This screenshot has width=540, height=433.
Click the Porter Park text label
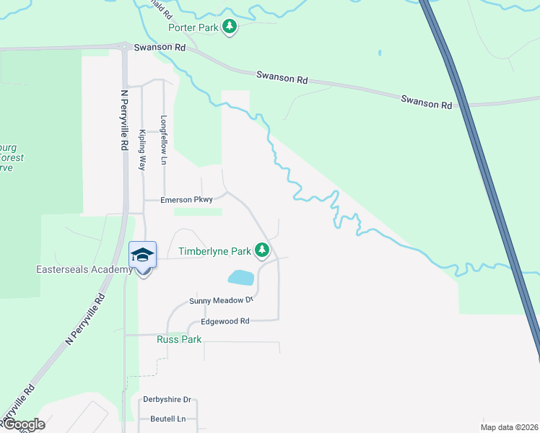tap(193, 27)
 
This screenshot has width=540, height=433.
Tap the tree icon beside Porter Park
tap(230, 27)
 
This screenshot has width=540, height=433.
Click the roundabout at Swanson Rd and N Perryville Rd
tap(124, 46)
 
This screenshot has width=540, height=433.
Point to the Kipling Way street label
tap(143, 149)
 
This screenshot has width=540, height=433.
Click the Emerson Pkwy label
tap(186, 200)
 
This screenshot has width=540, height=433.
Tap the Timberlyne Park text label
tap(214, 252)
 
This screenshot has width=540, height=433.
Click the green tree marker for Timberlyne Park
tap(262, 251)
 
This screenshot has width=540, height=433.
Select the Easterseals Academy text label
tap(84, 269)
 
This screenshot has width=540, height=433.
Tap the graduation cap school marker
tap(142, 255)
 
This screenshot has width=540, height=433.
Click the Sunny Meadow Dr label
tap(222, 300)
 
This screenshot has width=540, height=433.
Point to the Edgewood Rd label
tap(225, 321)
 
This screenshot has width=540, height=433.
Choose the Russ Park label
tap(179, 338)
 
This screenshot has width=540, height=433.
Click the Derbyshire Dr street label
tap(167, 399)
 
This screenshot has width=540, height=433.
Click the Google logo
tap(23, 424)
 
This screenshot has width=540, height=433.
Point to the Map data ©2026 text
tap(509, 427)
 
